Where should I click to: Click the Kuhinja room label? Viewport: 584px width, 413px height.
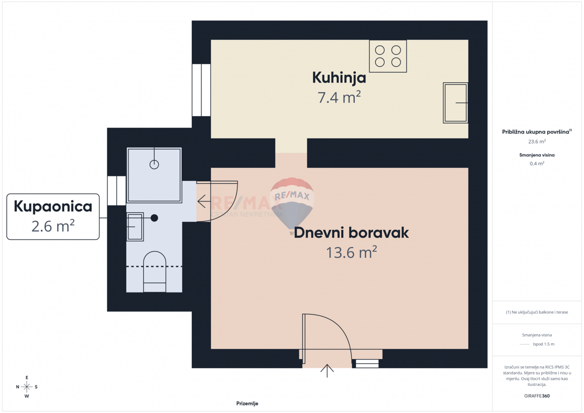coord(339,77)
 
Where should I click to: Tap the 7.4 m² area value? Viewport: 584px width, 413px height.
coord(339,98)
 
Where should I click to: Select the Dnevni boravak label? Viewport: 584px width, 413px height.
coord(351,233)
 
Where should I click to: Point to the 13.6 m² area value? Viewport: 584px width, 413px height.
coord(351,252)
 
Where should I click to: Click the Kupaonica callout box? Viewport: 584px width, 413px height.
coord(53,216)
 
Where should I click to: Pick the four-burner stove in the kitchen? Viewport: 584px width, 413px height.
coord(388,56)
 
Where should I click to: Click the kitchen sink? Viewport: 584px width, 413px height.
coord(456,103)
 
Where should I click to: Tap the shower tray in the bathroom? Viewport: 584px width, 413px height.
coord(154,175)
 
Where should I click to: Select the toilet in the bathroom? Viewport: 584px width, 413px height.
coord(154,272)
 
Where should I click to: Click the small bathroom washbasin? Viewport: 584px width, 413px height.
coord(135,226)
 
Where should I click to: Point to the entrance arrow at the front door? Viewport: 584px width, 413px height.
coord(327,371)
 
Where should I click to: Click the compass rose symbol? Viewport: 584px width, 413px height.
coord(27,387)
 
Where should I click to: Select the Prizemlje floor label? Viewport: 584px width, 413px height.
coord(247,403)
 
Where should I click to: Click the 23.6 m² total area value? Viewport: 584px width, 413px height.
coord(537,142)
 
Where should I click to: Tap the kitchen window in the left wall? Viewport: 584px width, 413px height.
coord(201,90)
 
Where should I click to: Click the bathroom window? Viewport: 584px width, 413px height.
coord(117,190)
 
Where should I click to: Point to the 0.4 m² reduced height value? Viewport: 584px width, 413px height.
coord(537,163)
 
